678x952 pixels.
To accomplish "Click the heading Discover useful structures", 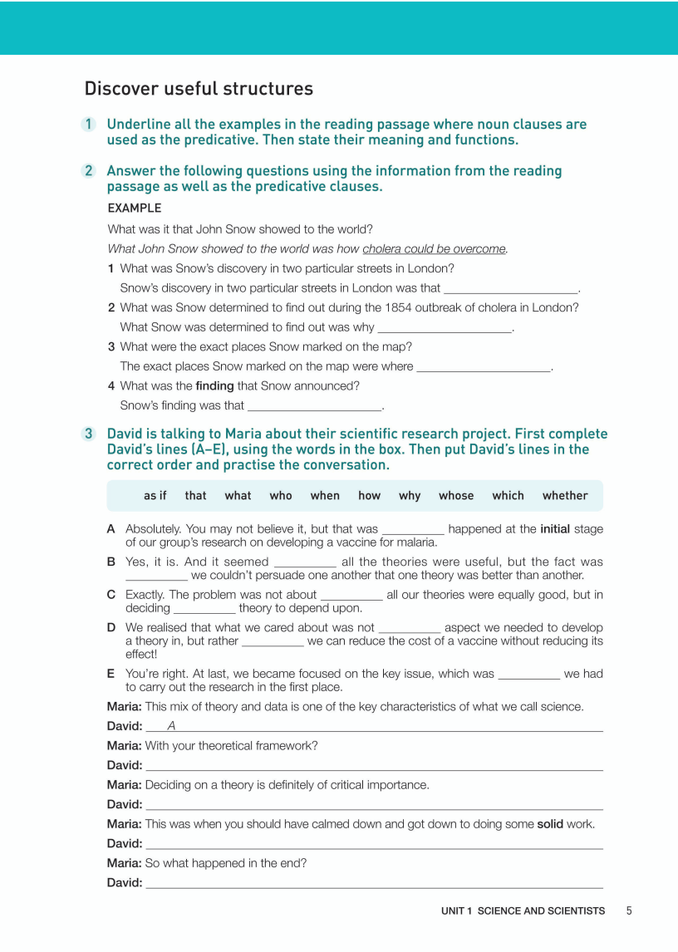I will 199,89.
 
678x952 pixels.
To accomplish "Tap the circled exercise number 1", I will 88,125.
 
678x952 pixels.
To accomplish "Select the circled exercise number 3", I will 88,434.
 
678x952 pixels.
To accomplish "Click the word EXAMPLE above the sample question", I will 135,208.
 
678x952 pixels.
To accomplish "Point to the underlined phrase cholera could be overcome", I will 434,248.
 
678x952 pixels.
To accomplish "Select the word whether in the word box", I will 565,496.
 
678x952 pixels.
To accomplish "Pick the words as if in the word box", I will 155,496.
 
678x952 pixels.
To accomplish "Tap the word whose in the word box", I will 456,496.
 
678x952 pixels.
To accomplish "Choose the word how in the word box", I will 369,496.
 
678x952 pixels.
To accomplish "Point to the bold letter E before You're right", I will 111,674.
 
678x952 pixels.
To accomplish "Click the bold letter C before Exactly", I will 111,595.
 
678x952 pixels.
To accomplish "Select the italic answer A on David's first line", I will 171,726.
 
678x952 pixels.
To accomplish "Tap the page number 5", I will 629,910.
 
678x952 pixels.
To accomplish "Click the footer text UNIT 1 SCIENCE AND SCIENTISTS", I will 523,911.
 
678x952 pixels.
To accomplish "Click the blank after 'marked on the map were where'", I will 484,367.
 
